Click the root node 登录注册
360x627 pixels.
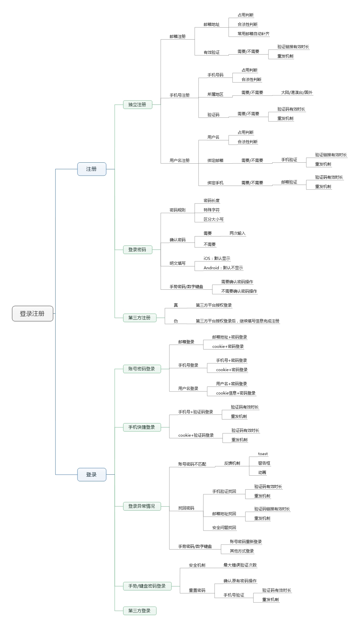(x=32, y=313)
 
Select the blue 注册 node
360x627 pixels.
(x=91, y=169)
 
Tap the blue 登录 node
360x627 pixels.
(x=91, y=474)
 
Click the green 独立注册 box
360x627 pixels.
(x=137, y=104)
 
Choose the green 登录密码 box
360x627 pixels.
(x=137, y=249)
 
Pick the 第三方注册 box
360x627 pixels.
(x=139, y=318)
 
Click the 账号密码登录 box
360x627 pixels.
(x=142, y=369)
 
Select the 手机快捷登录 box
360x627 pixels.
(x=142, y=427)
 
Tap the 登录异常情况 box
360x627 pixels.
(x=142, y=506)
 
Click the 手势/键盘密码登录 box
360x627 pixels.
(x=147, y=586)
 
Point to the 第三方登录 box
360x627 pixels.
(x=139, y=610)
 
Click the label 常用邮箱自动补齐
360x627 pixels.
(x=254, y=34)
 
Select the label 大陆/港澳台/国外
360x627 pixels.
(x=297, y=92)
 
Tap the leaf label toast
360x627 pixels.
(x=263, y=454)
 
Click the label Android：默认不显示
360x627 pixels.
(x=223, y=268)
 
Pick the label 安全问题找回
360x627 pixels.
(x=224, y=527)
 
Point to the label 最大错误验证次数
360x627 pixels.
(x=240, y=565)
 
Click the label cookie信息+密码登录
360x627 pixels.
(x=236, y=393)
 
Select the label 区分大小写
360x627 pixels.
(x=214, y=219)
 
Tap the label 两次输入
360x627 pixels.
(x=238, y=233)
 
